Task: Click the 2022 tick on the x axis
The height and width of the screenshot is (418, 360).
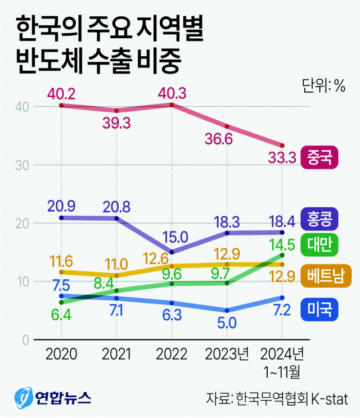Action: click(x=172, y=355)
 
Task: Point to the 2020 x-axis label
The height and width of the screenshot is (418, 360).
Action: click(x=61, y=355)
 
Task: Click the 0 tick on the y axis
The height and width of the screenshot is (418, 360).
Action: click(x=26, y=340)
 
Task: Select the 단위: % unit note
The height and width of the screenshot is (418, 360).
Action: click(x=323, y=85)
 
